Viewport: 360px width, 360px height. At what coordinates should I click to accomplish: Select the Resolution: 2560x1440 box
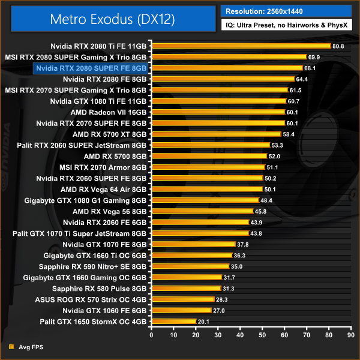click(286, 11)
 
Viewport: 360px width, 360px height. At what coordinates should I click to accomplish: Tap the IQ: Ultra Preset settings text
click(286, 26)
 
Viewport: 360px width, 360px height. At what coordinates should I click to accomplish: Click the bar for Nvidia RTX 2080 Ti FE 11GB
click(241, 46)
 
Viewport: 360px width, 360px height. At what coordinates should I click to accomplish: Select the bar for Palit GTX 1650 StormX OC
click(173, 322)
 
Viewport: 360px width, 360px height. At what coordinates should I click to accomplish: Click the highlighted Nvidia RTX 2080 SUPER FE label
click(91, 68)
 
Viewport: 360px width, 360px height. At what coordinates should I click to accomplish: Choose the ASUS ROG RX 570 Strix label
click(98, 299)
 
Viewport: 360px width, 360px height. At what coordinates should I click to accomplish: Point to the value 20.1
click(203, 322)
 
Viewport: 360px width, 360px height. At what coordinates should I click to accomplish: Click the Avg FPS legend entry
click(29, 347)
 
